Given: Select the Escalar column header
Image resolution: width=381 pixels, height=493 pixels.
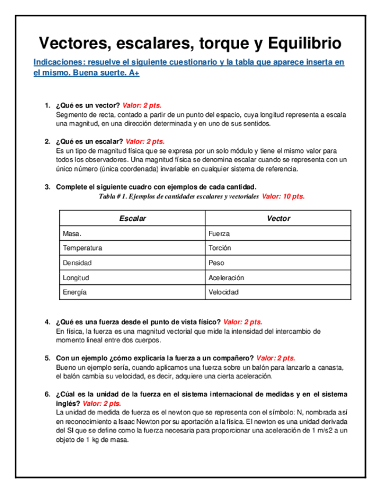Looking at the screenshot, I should pyautogui.click(x=132, y=219).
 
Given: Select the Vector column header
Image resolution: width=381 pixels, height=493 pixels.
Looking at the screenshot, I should pyautogui.click(x=278, y=219).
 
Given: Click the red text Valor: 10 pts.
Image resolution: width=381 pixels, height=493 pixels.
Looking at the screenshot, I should pyautogui.click(x=283, y=197).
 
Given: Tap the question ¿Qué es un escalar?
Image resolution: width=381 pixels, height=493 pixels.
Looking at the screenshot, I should pyautogui.click(x=89, y=141).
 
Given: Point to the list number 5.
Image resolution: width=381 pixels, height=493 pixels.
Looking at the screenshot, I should pyautogui.click(x=47, y=358).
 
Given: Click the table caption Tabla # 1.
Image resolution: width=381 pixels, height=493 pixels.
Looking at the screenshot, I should pyautogui.click(x=116, y=197).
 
